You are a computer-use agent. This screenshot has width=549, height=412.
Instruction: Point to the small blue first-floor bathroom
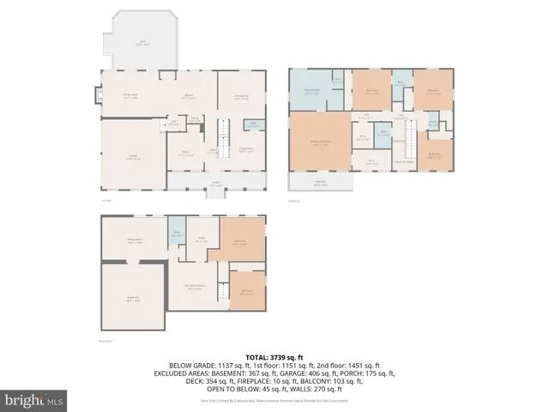point(254,125)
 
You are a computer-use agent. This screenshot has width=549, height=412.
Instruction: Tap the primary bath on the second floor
point(310,91)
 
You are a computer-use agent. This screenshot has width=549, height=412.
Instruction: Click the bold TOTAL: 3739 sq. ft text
point(273,356)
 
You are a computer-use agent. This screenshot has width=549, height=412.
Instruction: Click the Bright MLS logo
point(34,399)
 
